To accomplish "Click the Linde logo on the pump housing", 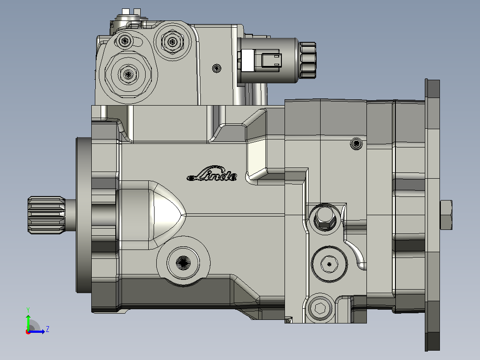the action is click(212, 174).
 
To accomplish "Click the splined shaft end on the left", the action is click(46, 215).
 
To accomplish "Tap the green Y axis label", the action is click(28, 310).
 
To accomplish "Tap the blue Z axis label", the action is click(48, 329).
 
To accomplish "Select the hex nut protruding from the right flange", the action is click(446, 215).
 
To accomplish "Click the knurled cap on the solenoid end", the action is click(307, 60).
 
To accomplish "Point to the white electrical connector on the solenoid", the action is click(248, 60).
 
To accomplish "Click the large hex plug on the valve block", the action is click(128, 74).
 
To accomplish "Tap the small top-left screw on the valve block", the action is click(125, 41).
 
